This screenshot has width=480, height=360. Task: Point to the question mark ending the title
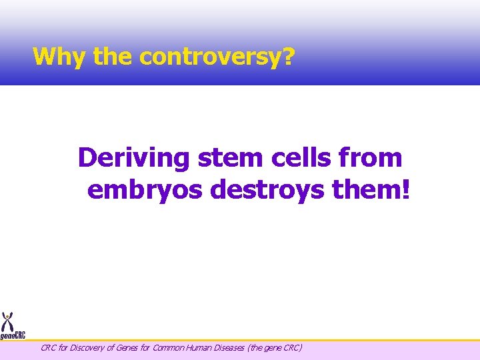288,57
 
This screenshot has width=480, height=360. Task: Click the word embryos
145,190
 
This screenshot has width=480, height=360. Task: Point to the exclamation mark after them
407,190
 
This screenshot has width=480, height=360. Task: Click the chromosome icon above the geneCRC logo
8,320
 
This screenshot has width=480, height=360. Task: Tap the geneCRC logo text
13,336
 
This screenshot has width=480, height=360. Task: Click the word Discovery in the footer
85,347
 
